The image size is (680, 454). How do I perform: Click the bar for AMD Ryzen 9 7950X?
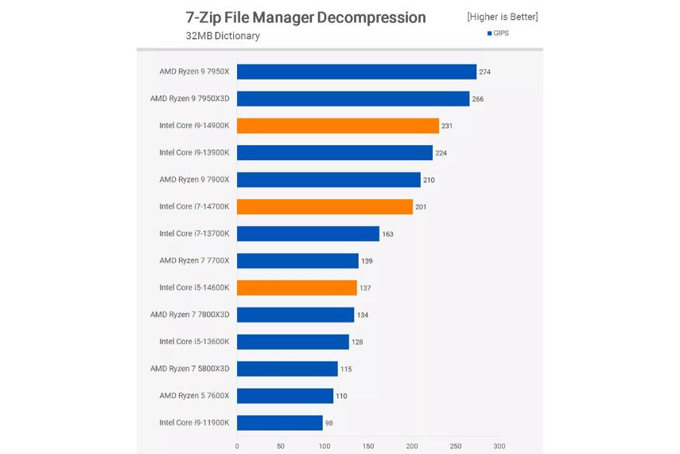click(x=356, y=72)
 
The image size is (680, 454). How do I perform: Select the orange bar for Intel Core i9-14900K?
click(x=338, y=126)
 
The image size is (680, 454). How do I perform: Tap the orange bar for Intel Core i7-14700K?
click(x=324, y=207)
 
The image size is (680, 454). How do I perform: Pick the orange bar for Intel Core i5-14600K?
click(x=297, y=288)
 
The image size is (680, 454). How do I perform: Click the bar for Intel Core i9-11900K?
click(x=280, y=423)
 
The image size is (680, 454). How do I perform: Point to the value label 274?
click(x=485, y=72)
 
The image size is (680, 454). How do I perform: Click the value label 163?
click(x=387, y=234)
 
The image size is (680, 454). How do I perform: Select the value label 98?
click(x=329, y=423)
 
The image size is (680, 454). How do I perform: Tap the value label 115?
click(x=346, y=369)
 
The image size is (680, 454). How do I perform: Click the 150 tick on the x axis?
click(x=368, y=446)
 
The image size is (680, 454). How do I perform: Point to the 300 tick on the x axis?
click(x=499, y=446)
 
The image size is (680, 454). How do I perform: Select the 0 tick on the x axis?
click(x=237, y=446)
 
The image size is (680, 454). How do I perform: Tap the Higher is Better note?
click(x=503, y=17)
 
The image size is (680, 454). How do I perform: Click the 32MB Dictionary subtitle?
click(x=223, y=36)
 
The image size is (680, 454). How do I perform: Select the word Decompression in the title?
click(x=371, y=18)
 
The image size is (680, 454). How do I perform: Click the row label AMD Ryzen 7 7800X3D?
click(x=189, y=315)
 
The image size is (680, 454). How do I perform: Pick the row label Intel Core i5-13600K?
click(x=194, y=342)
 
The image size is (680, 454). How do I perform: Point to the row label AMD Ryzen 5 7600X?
click(x=194, y=396)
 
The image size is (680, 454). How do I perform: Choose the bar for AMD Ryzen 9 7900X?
click(x=328, y=180)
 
